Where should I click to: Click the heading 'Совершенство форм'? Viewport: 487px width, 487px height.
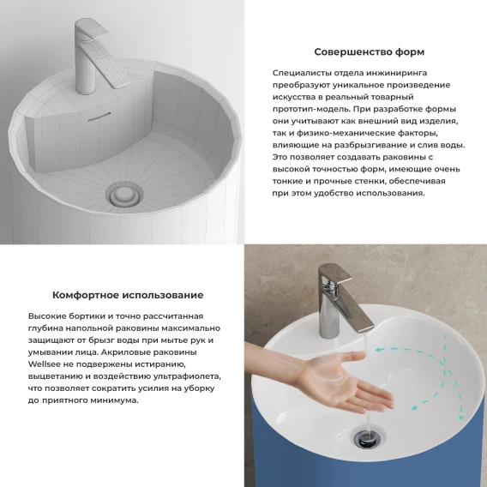pos(369,51)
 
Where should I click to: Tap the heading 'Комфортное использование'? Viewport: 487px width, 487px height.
pos(128,295)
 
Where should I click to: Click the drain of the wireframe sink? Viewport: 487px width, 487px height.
pos(124,195)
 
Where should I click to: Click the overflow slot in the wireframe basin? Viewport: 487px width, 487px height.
pos(99,117)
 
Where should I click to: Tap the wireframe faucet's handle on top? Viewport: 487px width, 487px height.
pos(93,30)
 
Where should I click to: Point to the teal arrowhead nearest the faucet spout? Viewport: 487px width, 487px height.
pos(378,350)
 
